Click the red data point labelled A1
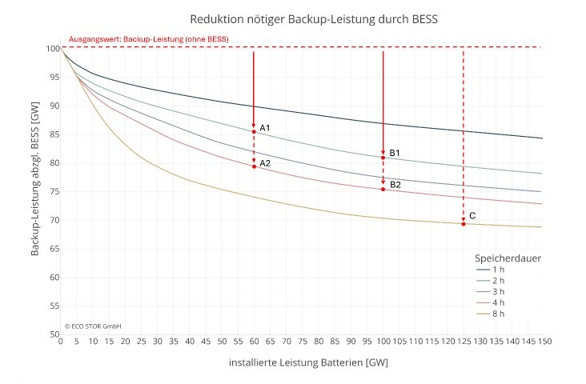254,131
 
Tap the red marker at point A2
254,166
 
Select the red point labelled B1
383,158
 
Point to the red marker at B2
383,189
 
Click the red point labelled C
464,224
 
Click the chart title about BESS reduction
314,18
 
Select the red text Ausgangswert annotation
148,39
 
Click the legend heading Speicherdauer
508,258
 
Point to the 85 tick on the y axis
54,134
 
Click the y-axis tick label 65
54,249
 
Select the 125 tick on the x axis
464,342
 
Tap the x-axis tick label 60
254,342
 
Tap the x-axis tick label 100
383,342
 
